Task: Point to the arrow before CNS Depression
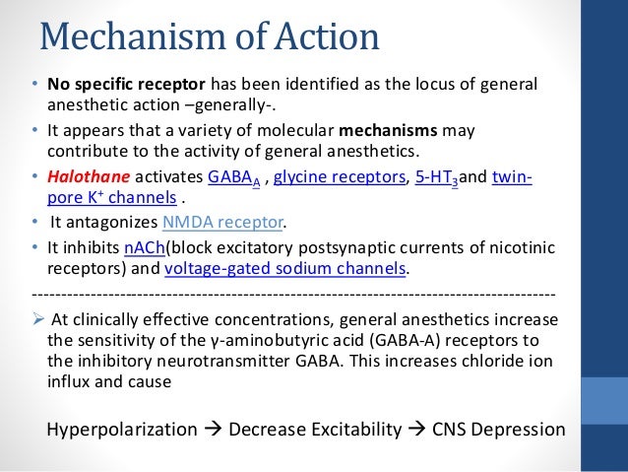coord(417,430)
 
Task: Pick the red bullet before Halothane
coord(34,176)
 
